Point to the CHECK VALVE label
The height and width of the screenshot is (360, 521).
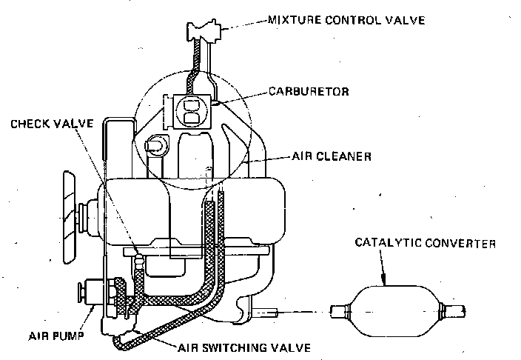click(x=51, y=124)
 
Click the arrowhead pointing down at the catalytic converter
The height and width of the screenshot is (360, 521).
click(x=384, y=281)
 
